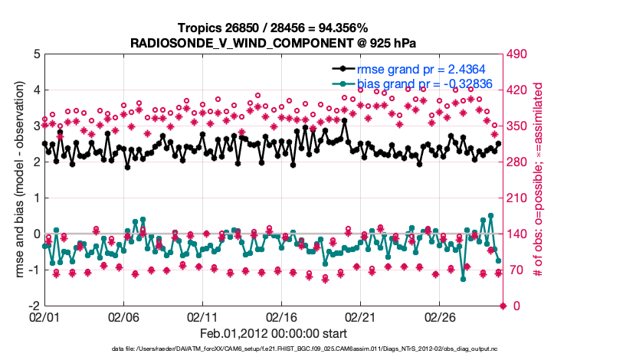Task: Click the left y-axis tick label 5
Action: (36, 54)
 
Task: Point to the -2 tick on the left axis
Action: (34, 306)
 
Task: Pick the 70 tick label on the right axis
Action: (516, 270)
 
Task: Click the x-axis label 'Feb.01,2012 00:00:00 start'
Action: (273, 334)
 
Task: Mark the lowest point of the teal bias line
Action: (463, 279)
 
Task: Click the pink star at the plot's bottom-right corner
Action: (503, 306)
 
